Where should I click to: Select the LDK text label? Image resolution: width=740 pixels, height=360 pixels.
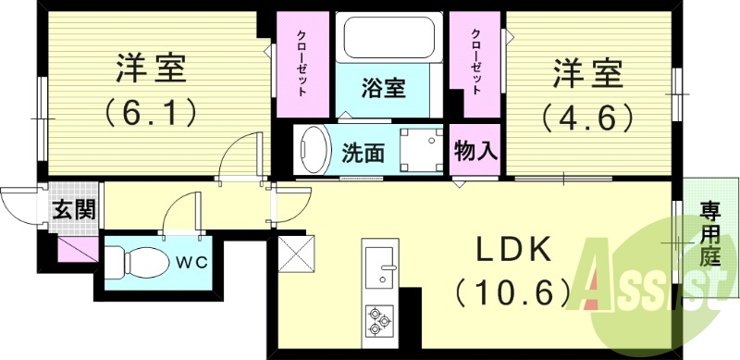pyautogui.click(x=513, y=251)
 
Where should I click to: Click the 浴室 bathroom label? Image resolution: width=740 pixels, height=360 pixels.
pyautogui.click(x=383, y=91)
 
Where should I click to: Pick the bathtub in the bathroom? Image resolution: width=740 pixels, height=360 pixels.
pyautogui.click(x=383, y=39)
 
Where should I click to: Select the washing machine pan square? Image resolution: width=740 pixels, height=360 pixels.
pyautogui.click(x=420, y=148)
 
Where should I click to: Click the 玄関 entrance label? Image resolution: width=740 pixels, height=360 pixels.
pyautogui.click(x=73, y=208)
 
